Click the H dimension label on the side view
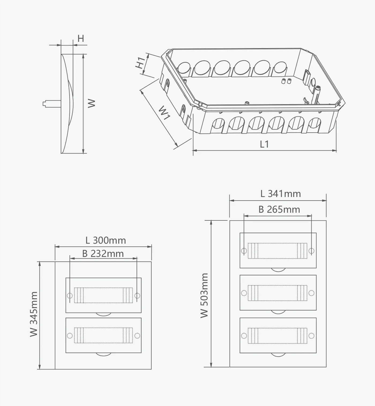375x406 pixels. (81, 38)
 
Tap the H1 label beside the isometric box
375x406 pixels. (141, 63)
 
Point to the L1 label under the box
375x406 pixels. (264, 144)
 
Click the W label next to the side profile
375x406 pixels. (91, 103)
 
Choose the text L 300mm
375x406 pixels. (106, 240)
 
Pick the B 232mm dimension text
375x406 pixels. (103, 254)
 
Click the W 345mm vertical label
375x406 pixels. (34, 314)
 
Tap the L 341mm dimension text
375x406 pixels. (281, 194)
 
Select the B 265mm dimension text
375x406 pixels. (279, 210)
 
